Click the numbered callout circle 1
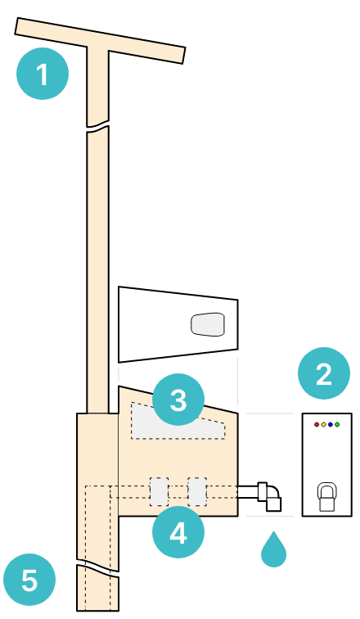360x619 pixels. [43, 74]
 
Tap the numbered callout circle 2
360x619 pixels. [324, 373]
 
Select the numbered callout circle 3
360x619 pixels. [178, 400]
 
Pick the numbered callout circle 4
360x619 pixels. [178, 532]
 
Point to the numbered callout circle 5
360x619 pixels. [29, 580]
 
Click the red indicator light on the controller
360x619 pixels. [317, 425]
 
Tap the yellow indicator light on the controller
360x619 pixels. [323, 425]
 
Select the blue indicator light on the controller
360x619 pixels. [331, 425]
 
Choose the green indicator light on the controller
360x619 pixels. [337, 425]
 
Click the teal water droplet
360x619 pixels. [273, 551]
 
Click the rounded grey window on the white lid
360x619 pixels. [208, 324]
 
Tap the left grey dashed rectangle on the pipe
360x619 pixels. [159, 491]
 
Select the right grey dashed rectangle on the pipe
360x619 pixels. [197, 491]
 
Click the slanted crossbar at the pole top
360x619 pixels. [100, 40]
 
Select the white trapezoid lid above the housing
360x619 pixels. [178, 324]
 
